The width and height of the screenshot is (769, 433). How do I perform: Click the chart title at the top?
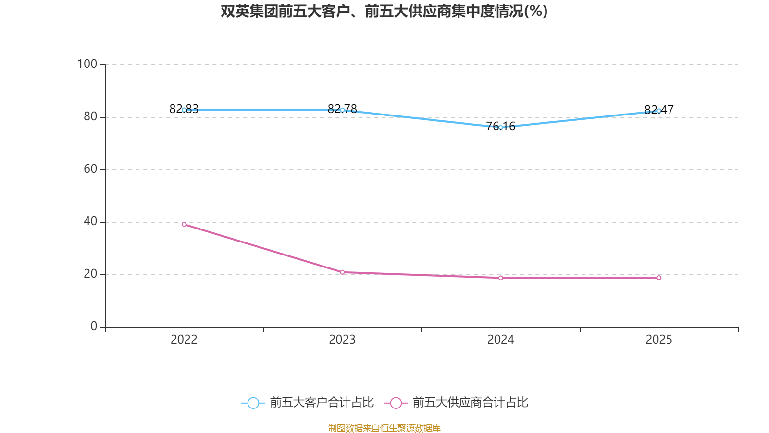(384, 12)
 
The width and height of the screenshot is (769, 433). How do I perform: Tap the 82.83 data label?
(184, 109)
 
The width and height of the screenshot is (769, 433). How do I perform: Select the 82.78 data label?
(342, 109)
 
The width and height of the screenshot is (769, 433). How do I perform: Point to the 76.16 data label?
(500, 127)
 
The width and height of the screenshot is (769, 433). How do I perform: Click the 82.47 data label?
(659, 110)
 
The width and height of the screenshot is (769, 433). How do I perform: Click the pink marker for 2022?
(184, 224)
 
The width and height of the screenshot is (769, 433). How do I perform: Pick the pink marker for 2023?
(342, 272)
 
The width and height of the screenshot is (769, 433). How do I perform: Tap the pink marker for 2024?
(500, 278)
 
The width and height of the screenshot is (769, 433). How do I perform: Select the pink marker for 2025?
(659, 278)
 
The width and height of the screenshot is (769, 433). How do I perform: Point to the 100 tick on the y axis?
(87, 64)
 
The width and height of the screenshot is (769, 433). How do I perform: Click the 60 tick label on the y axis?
(91, 169)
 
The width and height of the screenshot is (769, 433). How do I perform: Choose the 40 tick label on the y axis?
(91, 222)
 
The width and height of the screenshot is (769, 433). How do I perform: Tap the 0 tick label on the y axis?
(94, 326)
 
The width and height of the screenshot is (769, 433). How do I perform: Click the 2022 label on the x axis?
(184, 340)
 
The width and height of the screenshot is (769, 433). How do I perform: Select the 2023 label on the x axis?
(342, 340)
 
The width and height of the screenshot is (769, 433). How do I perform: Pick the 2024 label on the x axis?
(500, 340)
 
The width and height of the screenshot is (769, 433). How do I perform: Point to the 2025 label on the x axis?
(659, 340)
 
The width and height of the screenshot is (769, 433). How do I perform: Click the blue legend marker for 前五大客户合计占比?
(253, 403)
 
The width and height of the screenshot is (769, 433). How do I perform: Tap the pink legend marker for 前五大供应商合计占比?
(396, 403)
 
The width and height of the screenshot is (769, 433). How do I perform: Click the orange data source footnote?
(384, 428)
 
